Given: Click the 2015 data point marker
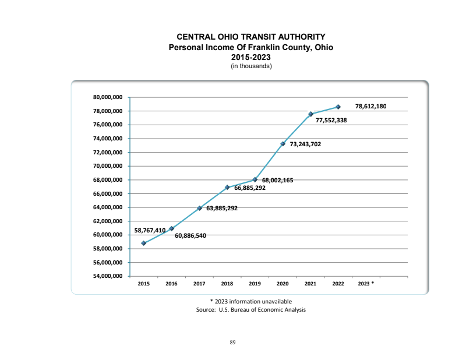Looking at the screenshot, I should [x=143, y=243].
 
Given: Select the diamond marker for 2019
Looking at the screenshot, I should [x=255, y=179].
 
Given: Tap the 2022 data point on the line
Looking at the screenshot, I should [x=338, y=107].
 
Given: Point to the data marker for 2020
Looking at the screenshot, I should [x=283, y=143].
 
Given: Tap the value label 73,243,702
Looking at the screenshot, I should [x=309, y=143].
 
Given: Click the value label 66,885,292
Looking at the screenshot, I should [x=250, y=188].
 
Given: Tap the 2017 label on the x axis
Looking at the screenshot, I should [x=199, y=283].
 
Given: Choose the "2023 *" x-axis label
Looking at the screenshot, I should [x=366, y=283].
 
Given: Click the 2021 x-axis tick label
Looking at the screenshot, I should [x=310, y=283].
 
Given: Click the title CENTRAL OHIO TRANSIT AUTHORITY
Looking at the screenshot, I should [x=250, y=37].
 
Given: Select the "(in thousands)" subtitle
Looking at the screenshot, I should [x=250, y=65].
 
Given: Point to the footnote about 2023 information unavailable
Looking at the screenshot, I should [x=250, y=301].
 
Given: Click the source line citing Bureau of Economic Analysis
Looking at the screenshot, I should [x=250, y=309].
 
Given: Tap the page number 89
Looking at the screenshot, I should [x=232, y=342].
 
